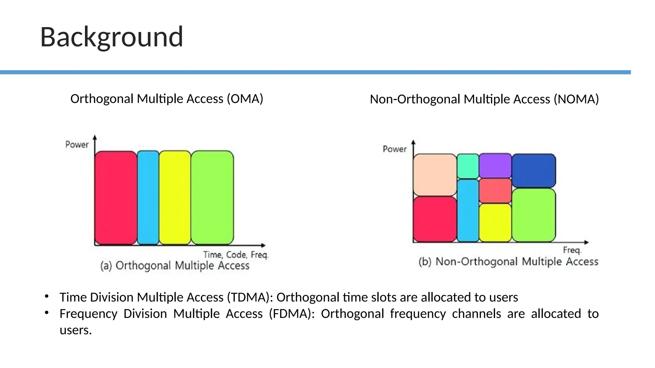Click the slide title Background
[111, 37]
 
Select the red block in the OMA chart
[116, 197]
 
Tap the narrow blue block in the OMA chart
[148, 197]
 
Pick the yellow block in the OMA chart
[175, 197]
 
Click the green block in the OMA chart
[212, 197]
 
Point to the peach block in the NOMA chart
[435, 175]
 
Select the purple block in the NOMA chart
[495, 165]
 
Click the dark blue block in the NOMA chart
[533, 170]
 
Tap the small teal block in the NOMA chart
[468, 166]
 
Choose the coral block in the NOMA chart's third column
[495, 191]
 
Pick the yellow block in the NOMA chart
[495, 222]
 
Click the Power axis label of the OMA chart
[77, 145]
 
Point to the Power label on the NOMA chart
[394, 149]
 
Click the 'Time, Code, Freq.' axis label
[236, 255]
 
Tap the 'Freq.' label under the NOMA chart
[572, 250]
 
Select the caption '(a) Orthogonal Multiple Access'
[175, 265]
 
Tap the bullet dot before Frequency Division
[47, 312]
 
